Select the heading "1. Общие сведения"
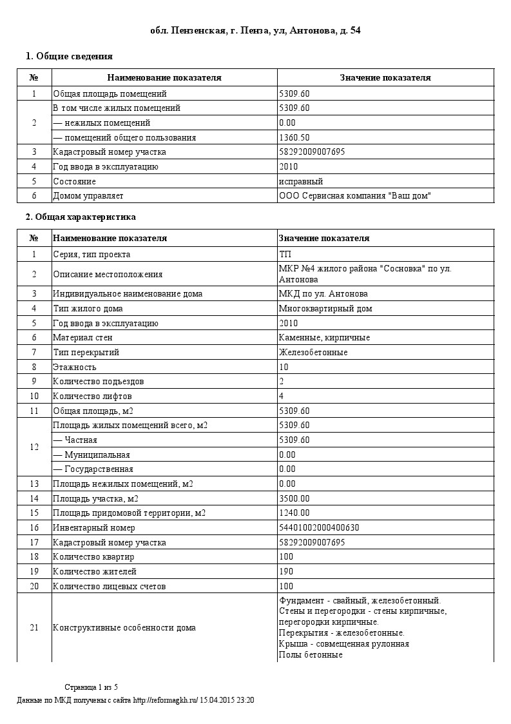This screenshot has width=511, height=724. (x=69, y=56)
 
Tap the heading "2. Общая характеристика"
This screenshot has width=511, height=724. (x=81, y=217)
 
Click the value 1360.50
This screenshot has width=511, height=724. (x=294, y=137)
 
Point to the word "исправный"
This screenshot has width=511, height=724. (x=301, y=181)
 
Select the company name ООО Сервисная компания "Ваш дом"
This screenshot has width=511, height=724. (x=354, y=196)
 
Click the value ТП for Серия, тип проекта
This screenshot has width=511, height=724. (x=285, y=254)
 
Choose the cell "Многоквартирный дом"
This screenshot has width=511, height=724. (x=325, y=309)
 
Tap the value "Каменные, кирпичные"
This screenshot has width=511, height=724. (x=324, y=338)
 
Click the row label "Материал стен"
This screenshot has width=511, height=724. (x=80, y=338)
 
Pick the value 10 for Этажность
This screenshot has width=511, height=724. (x=284, y=367)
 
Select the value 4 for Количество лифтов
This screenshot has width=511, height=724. (x=282, y=396)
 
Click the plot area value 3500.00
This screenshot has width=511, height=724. (x=294, y=498)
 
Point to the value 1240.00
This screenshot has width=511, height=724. (x=294, y=513)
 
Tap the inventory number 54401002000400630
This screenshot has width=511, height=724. (x=319, y=527)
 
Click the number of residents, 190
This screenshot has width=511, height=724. (x=286, y=571)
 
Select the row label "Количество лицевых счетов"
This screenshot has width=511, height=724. (x=110, y=586)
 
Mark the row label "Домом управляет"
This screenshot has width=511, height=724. (x=88, y=196)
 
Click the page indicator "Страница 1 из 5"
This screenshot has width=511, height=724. (x=91, y=687)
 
